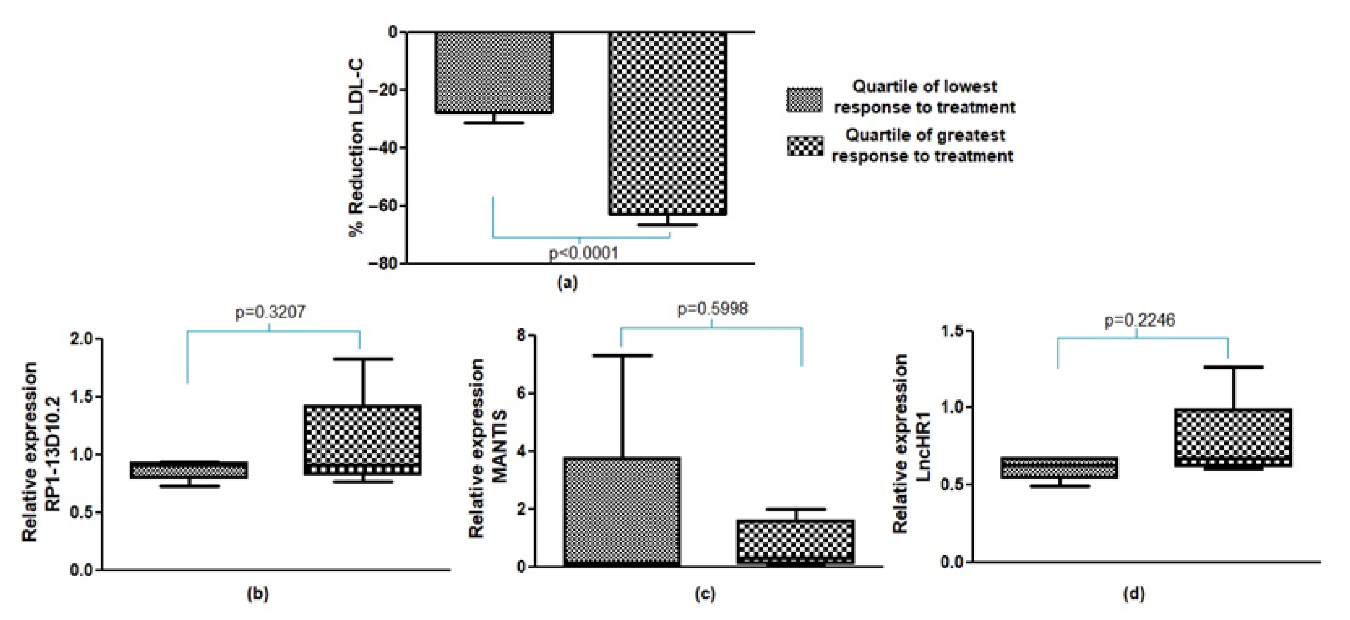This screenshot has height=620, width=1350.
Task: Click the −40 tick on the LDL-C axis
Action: (386, 148)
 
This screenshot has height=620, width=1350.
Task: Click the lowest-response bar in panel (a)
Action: (494, 72)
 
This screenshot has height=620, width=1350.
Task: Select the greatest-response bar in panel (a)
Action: (668, 123)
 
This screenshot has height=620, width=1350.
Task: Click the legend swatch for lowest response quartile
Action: (805, 99)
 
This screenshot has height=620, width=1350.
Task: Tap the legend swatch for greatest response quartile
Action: (805, 146)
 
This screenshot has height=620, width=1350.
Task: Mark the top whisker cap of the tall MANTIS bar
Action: (623, 355)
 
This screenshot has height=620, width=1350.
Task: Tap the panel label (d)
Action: (1134, 593)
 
